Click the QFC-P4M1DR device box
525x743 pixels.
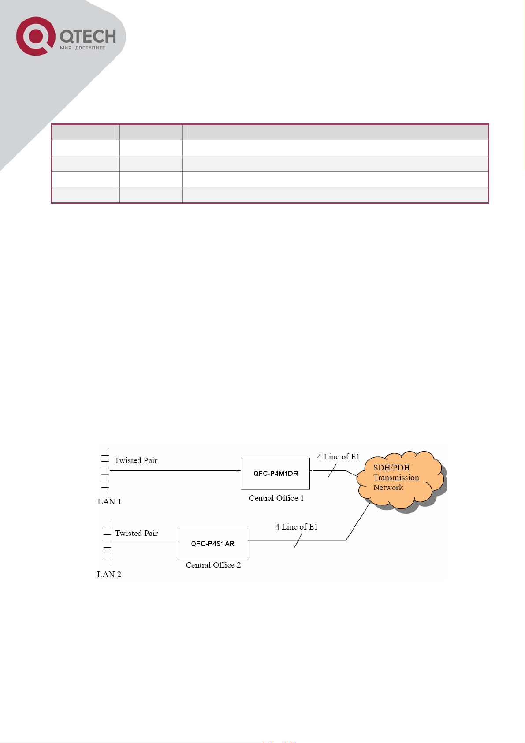click(x=275, y=474)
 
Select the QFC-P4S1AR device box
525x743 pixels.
click(x=213, y=544)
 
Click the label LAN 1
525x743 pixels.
click(x=109, y=501)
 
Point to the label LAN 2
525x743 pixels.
click(x=109, y=574)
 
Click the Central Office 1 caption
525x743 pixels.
click(x=276, y=498)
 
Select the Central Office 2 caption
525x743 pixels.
click(x=213, y=565)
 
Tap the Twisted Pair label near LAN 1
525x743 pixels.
click(x=136, y=460)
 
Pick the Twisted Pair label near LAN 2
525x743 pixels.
click(x=136, y=533)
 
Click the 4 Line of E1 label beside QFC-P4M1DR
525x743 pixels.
click(x=338, y=457)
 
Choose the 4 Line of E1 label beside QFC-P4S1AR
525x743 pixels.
click(x=297, y=527)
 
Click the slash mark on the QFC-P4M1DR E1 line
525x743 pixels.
click(x=332, y=470)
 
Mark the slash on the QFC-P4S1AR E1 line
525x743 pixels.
click(x=298, y=541)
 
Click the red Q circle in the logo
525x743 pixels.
click(x=36, y=36)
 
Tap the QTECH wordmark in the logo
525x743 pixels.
click(x=88, y=36)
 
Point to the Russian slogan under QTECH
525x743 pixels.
click(x=82, y=48)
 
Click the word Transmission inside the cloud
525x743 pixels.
click(x=396, y=477)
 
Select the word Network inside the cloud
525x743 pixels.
click(x=388, y=487)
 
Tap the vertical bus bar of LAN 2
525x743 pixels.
click(x=111, y=543)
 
